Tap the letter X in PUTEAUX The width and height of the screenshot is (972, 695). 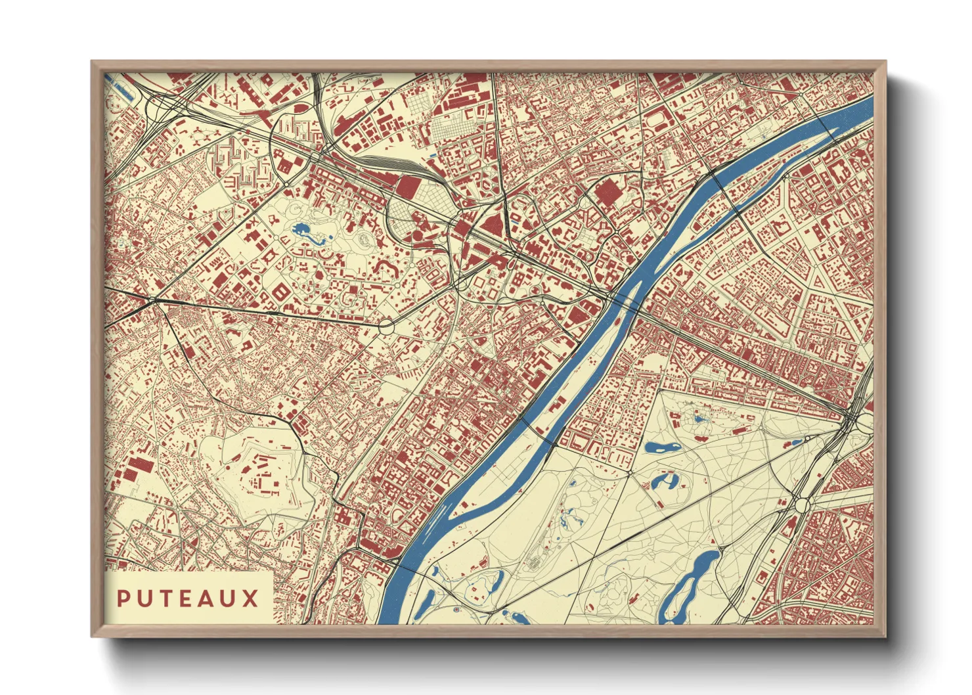click(250, 598)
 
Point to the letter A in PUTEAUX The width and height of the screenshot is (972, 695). click(207, 598)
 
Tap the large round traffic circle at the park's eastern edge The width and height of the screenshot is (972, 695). click(802, 505)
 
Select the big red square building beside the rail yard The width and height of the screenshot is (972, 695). click(409, 186)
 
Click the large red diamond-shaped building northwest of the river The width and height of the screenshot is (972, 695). click(607, 192)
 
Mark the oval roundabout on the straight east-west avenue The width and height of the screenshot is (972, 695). click(386, 325)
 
